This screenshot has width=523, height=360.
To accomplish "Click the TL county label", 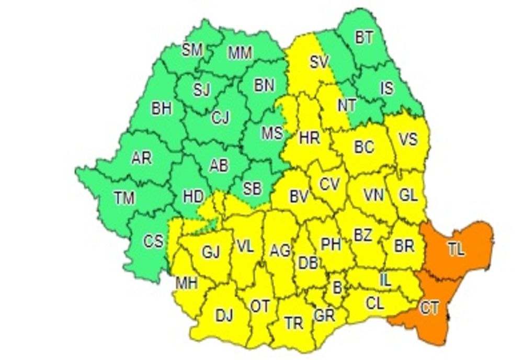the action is point(456,250).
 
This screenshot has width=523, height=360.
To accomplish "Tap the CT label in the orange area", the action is point(429,308).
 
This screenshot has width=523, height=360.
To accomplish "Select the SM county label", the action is point(192,50).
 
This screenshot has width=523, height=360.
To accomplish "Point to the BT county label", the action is point(365,38).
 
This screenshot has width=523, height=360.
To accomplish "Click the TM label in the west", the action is point(124,198).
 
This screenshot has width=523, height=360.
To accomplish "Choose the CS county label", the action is point(154,241).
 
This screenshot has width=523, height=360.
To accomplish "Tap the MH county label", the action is point(186,284).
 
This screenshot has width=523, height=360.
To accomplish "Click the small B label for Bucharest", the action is point(337,286).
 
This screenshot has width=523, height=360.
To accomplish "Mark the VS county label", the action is point(408,140).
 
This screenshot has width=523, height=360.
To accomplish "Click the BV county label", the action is point(298,197).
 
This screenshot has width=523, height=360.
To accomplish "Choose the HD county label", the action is point(193,197).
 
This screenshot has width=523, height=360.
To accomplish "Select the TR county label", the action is point(294,323).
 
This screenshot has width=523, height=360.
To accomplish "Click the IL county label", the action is point(385,280).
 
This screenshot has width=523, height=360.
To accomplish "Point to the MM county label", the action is point(241,52).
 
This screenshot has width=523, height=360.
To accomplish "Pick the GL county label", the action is point(408,195).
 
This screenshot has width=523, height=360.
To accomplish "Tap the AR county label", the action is point(141,157).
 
